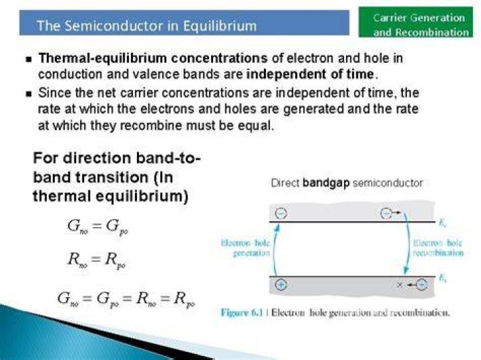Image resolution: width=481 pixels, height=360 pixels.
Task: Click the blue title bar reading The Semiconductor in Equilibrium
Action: (x=184, y=23)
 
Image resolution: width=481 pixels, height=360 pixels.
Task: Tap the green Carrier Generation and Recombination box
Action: (x=416, y=22)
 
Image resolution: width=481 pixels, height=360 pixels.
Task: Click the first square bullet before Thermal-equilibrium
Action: (x=29, y=59)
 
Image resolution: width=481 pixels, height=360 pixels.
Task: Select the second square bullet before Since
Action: (x=29, y=94)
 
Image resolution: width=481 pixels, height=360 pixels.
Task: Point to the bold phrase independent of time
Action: (x=310, y=74)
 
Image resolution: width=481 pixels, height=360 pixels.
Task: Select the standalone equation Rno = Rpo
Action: (x=97, y=260)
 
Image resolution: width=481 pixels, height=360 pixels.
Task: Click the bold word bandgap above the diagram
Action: (x=326, y=184)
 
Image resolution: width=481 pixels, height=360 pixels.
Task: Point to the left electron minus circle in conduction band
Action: (x=281, y=213)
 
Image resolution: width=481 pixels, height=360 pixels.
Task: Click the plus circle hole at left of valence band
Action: (x=281, y=285)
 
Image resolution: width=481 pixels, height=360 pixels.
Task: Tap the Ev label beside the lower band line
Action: (x=442, y=279)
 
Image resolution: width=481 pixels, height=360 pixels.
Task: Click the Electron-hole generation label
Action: (x=245, y=248)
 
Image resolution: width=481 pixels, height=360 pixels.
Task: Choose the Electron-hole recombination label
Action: (x=438, y=248)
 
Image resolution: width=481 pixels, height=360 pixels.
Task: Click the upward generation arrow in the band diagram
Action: (x=274, y=248)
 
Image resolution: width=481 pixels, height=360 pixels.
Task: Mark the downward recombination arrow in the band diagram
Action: (x=408, y=242)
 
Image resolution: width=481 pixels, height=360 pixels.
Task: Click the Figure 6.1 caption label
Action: (x=242, y=313)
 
